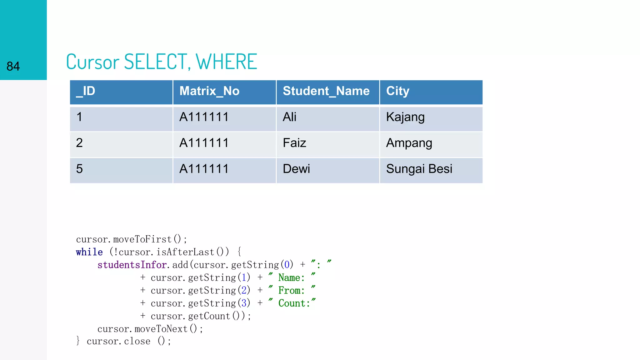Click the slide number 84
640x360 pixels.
tap(13, 66)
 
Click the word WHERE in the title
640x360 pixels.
tap(227, 62)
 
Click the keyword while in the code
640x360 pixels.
tap(89, 252)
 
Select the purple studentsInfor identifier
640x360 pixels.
tap(132, 265)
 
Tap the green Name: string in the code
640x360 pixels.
tap(291, 277)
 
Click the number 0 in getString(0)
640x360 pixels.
tap(287, 265)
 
